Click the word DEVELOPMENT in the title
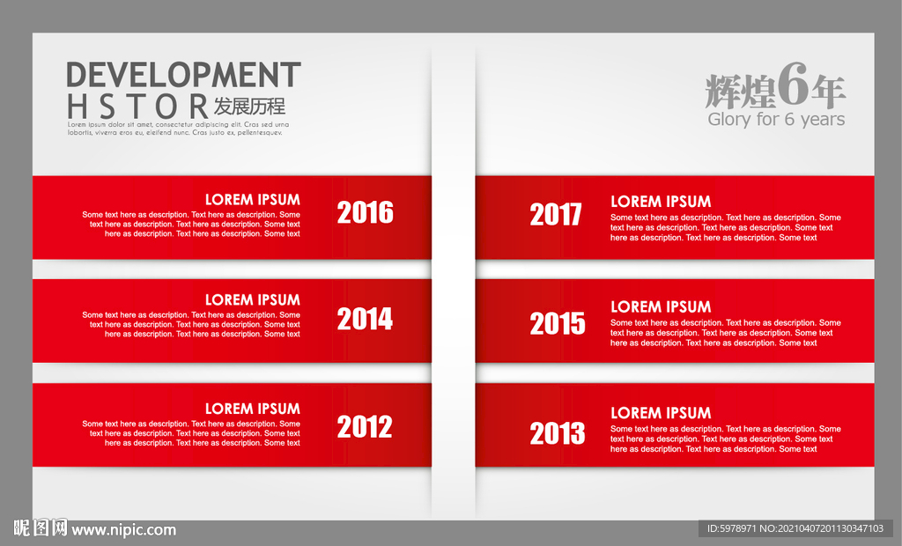pos(183,75)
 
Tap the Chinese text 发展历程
pos(249,107)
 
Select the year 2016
pos(366,212)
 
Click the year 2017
pos(556,215)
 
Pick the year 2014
pos(366,319)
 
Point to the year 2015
pos(558,323)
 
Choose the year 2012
pos(365,427)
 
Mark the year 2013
pos(558,433)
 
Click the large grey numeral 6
pos(794,85)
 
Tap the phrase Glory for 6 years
pos(776,119)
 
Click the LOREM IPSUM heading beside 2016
pos(253,200)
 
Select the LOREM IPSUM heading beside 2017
pos(661,202)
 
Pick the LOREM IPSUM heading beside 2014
pos(253,299)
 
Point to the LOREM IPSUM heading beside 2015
pos(661,306)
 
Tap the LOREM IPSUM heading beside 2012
pos(253,409)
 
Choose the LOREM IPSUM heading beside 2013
pos(661,412)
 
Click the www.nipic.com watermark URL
pos(123,530)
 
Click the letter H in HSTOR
pos(78,107)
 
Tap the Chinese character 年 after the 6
pos(828,92)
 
